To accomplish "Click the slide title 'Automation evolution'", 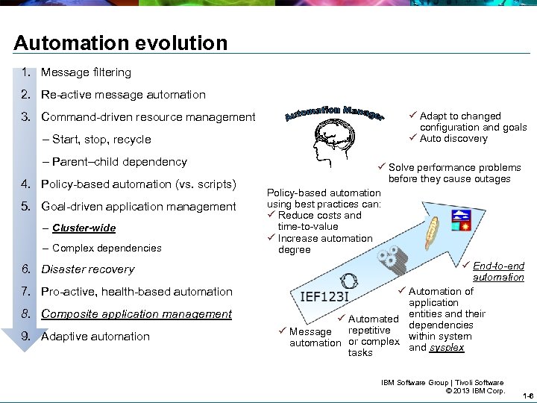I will pyautogui.click(x=121, y=43).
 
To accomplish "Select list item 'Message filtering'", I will pyautogui.click(x=86, y=72).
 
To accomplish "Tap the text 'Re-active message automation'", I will pyautogui.click(x=123, y=95).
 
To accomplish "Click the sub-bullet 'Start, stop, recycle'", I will pyautogui.click(x=101, y=140).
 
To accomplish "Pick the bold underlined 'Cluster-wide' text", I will pyautogui.click(x=84, y=228).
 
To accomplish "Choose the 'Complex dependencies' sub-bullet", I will pyautogui.click(x=107, y=248).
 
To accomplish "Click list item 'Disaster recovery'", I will pyautogui.click(x=88, y=269).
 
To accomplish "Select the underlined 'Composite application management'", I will pyautogui.click(x=136, y=314).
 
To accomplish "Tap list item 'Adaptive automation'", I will pyautogui.click(x=95, y=337).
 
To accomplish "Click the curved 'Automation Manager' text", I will pyautogui.click(x=335, y=114).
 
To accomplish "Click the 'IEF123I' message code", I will pyautogui.click(x=324, y=296).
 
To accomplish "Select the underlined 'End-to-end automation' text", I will pyautogui.click(x=498, y=272).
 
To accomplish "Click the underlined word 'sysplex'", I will pyautogui.click(x=447, y=347).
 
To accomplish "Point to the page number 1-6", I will pyautogui.click(x=527, y=396).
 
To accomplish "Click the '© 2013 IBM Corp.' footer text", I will pyautogui.click(x=474, y=390).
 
